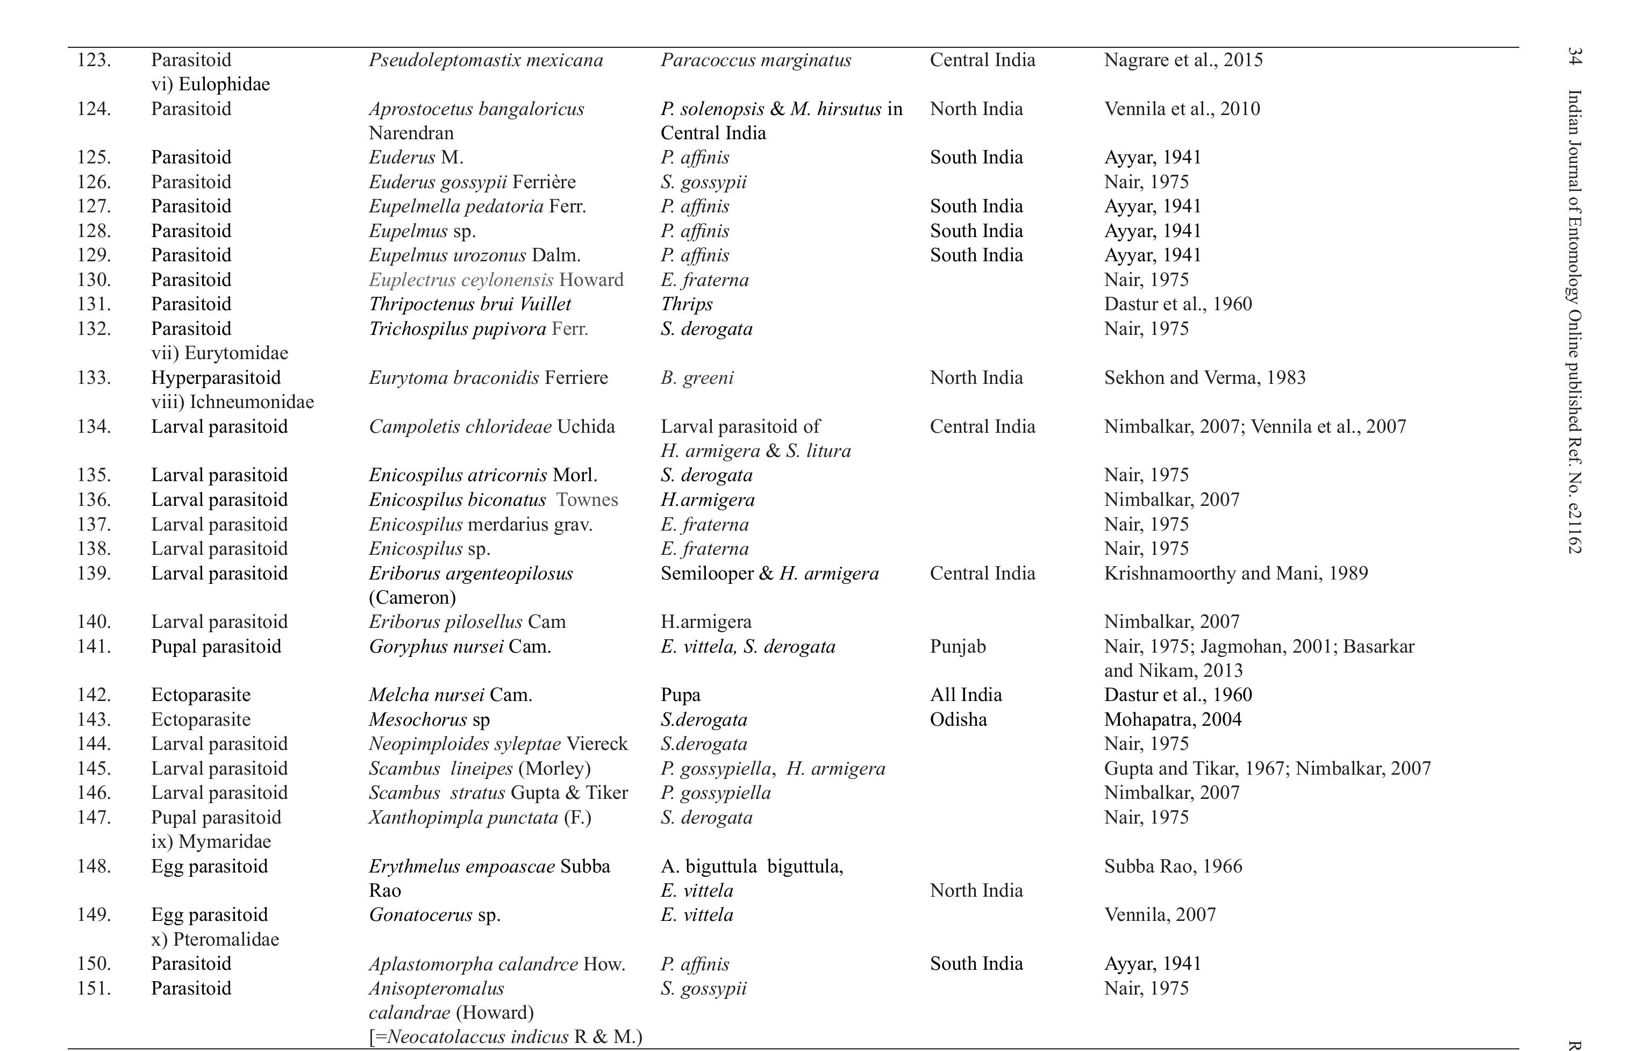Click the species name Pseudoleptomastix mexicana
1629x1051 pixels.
tap(485, 60)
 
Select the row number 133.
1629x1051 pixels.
tap(94, 377)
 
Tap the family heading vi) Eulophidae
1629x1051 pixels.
tap(210, 84)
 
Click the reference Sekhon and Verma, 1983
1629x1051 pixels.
tap(1204, 377)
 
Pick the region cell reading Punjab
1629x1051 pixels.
tap(957, 646)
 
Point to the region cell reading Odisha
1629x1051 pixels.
tap(958, 719)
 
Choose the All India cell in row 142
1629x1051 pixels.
tap(965, 695)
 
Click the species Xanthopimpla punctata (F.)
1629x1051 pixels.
tap(479, 818)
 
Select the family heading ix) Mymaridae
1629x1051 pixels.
tap(210, 841)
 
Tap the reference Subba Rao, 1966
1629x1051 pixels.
tap(1173, 866)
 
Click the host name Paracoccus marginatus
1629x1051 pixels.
tap(755, 60)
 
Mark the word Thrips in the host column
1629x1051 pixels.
tap(686, 304)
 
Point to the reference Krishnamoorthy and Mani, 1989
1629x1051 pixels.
tap(1235, 573)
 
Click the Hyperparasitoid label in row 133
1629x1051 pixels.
tap(215, 377)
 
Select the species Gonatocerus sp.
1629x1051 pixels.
tap(434, 915)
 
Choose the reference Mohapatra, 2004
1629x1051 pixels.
tap(1172, 719)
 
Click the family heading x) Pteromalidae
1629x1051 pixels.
tap(215, 940)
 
